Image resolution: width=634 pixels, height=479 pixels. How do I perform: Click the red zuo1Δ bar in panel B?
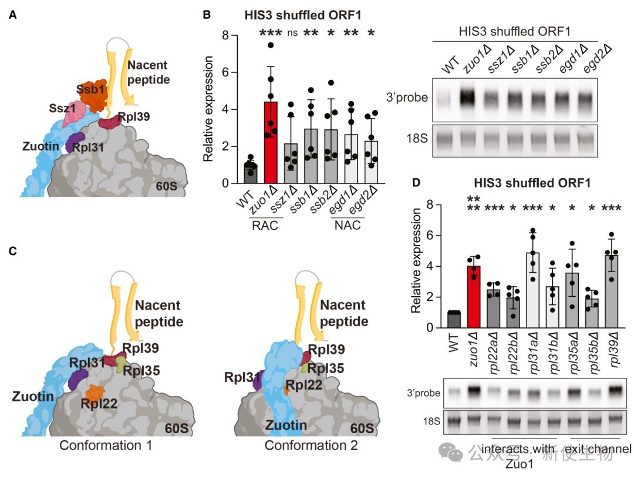271,143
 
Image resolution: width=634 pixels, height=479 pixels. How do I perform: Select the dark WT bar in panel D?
454,320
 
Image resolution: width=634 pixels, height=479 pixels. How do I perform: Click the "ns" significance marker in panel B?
292,33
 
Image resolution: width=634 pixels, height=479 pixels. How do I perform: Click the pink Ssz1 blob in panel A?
74,115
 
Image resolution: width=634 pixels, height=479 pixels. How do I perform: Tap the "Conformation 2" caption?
311,445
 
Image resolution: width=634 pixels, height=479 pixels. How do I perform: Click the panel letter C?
12,251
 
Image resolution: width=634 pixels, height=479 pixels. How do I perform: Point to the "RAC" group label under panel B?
265,225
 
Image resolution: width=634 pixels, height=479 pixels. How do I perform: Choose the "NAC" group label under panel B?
348,225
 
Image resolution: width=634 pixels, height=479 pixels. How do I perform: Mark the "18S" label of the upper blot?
417,139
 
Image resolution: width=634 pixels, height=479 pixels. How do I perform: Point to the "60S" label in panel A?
167,186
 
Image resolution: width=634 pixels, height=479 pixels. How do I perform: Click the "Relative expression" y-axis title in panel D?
416,261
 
